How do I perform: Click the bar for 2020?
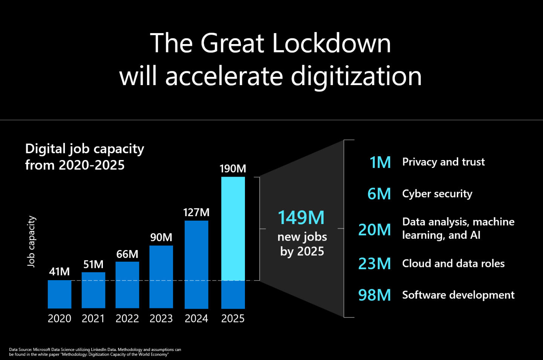[60, 294]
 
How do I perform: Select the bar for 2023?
[161, 277]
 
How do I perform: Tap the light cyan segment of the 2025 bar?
[233, 229]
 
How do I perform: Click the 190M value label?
[233, 168]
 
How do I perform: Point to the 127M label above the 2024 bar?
[196, 212]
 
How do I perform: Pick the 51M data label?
[93, 264]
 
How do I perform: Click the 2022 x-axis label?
[127, 319]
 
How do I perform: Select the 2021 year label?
[93, 319]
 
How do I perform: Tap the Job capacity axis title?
[31, 241]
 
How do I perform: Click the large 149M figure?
[301, 218]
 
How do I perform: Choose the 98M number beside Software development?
[375, 295]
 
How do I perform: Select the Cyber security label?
[437, 194]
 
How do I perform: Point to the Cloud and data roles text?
[453, 264]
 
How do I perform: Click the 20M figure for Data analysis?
[375, 230]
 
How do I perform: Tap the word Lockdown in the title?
[331, 43]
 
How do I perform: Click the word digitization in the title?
[356, 76]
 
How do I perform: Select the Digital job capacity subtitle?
[84, 157]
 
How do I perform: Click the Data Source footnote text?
[95, 352]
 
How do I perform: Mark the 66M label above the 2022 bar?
[127, 254]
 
